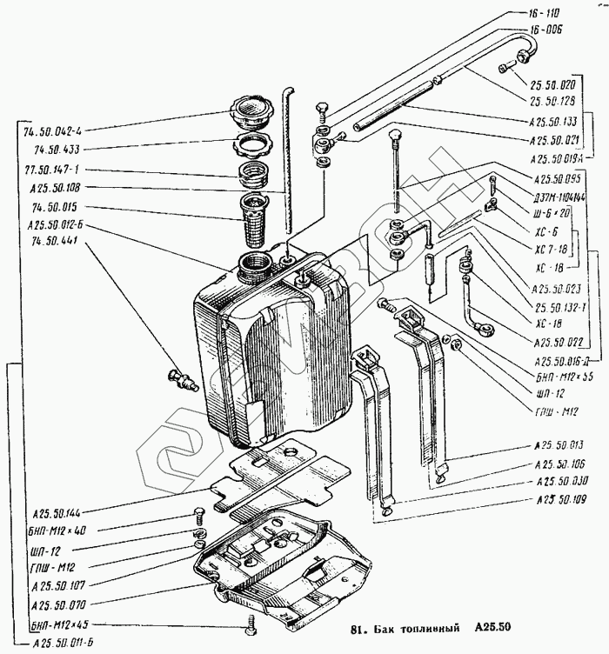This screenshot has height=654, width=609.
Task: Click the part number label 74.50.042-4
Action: click(58, 130)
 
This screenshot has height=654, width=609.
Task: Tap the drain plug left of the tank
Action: click(182, 379)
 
